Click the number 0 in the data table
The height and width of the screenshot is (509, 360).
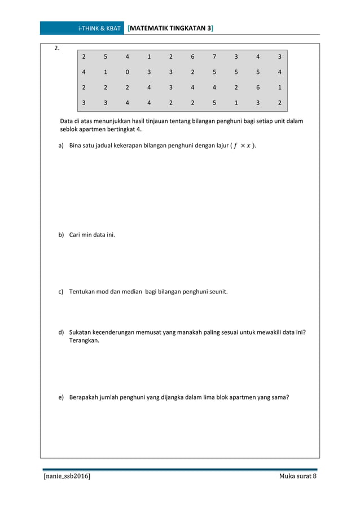pos(127,72)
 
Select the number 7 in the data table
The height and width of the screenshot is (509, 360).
pos(214,56)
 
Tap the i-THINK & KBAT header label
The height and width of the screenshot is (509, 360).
pos(99,28)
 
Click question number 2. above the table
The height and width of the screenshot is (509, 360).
pos(56,48)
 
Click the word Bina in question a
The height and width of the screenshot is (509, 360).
pos(76,146)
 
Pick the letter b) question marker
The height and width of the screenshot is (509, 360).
pos(61,233)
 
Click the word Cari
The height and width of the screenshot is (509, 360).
pos(75,233)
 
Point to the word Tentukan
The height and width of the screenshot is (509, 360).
pos(84,292)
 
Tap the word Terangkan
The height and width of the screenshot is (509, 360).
pos(84,341)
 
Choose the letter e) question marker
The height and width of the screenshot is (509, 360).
pos(61,397)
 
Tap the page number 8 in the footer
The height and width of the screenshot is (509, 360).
pos(314,477)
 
